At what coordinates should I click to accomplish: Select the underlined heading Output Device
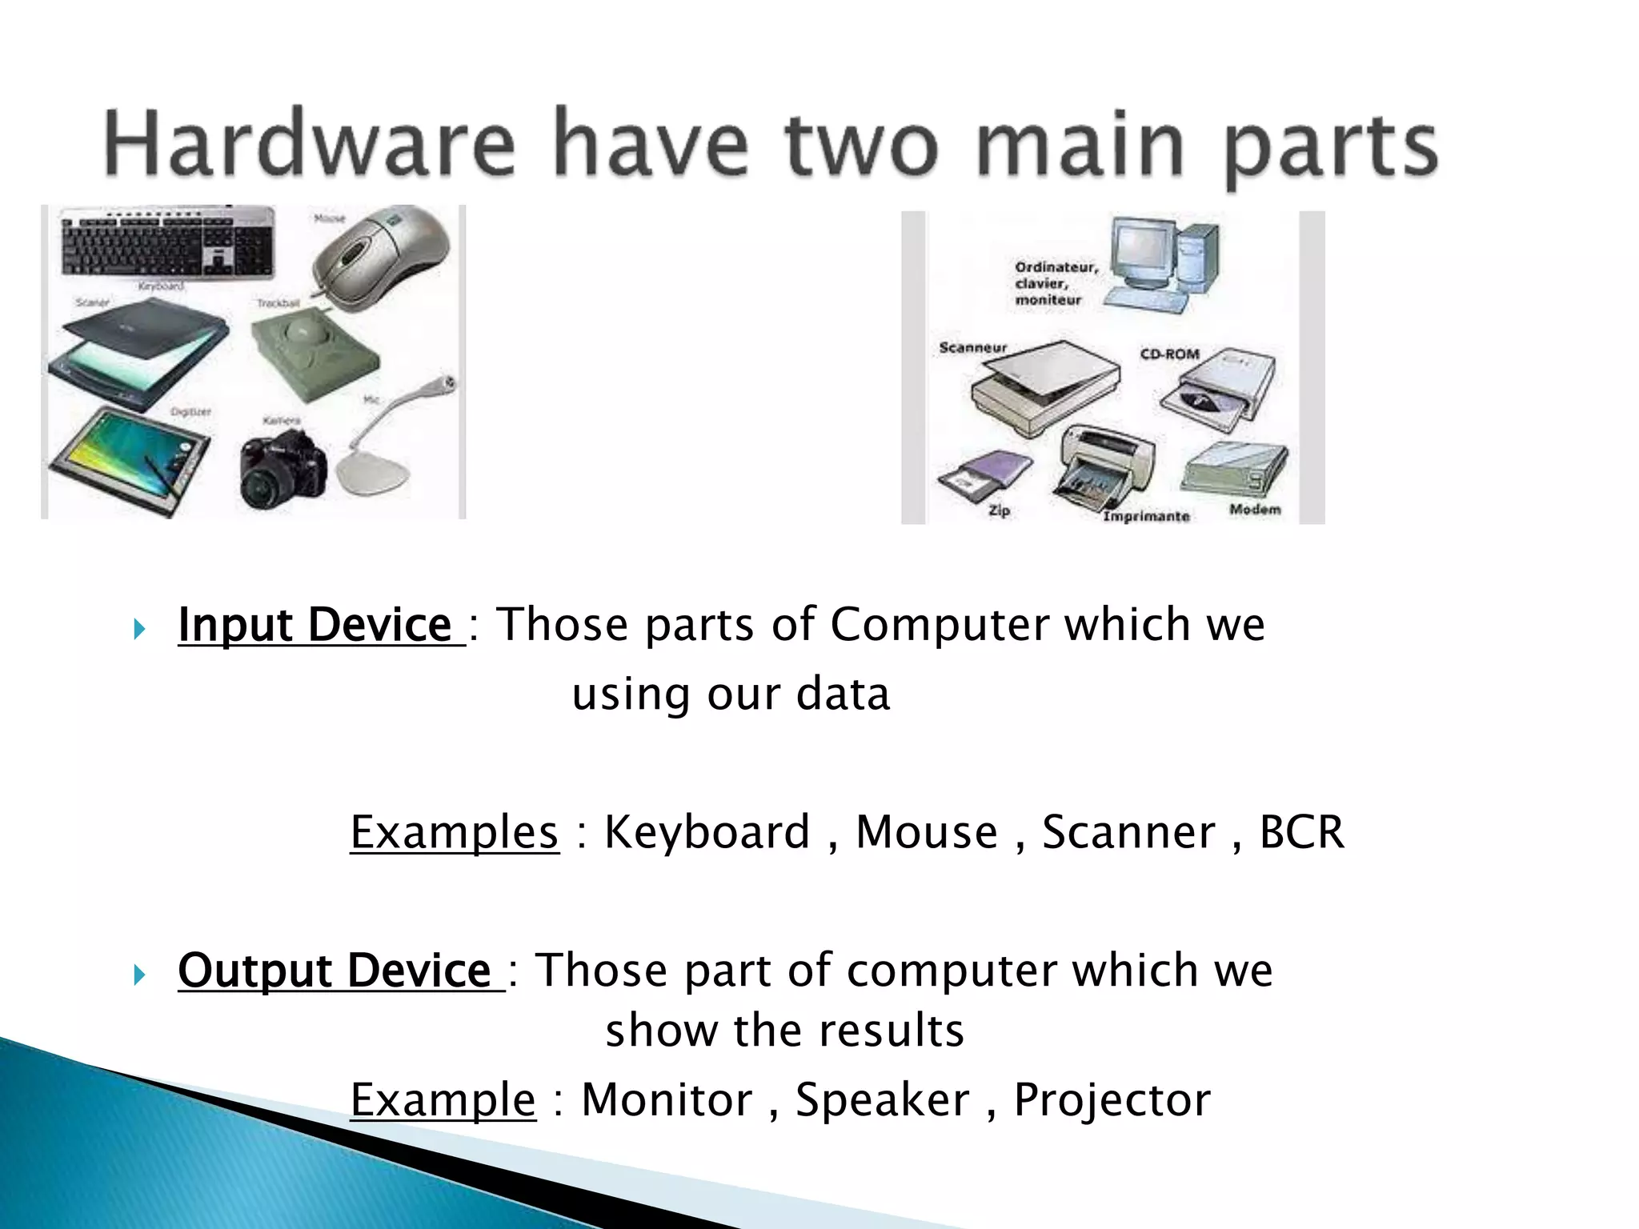tap(335, 971)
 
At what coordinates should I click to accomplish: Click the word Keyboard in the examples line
tap(707, 832)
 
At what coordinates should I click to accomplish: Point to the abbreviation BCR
tap(1301, 832)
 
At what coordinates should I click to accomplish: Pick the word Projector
tap(1112, 1099)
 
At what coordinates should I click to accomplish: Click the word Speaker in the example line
tap(882, 1099)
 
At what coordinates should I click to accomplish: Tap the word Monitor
tap(667, 1099)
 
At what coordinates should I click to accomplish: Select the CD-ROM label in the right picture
tap(1169, 354)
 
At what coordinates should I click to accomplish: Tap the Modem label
tap(1255, 509)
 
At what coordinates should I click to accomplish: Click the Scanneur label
tap(972, 348)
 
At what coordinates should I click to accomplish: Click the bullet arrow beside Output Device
tap(139, 975)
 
